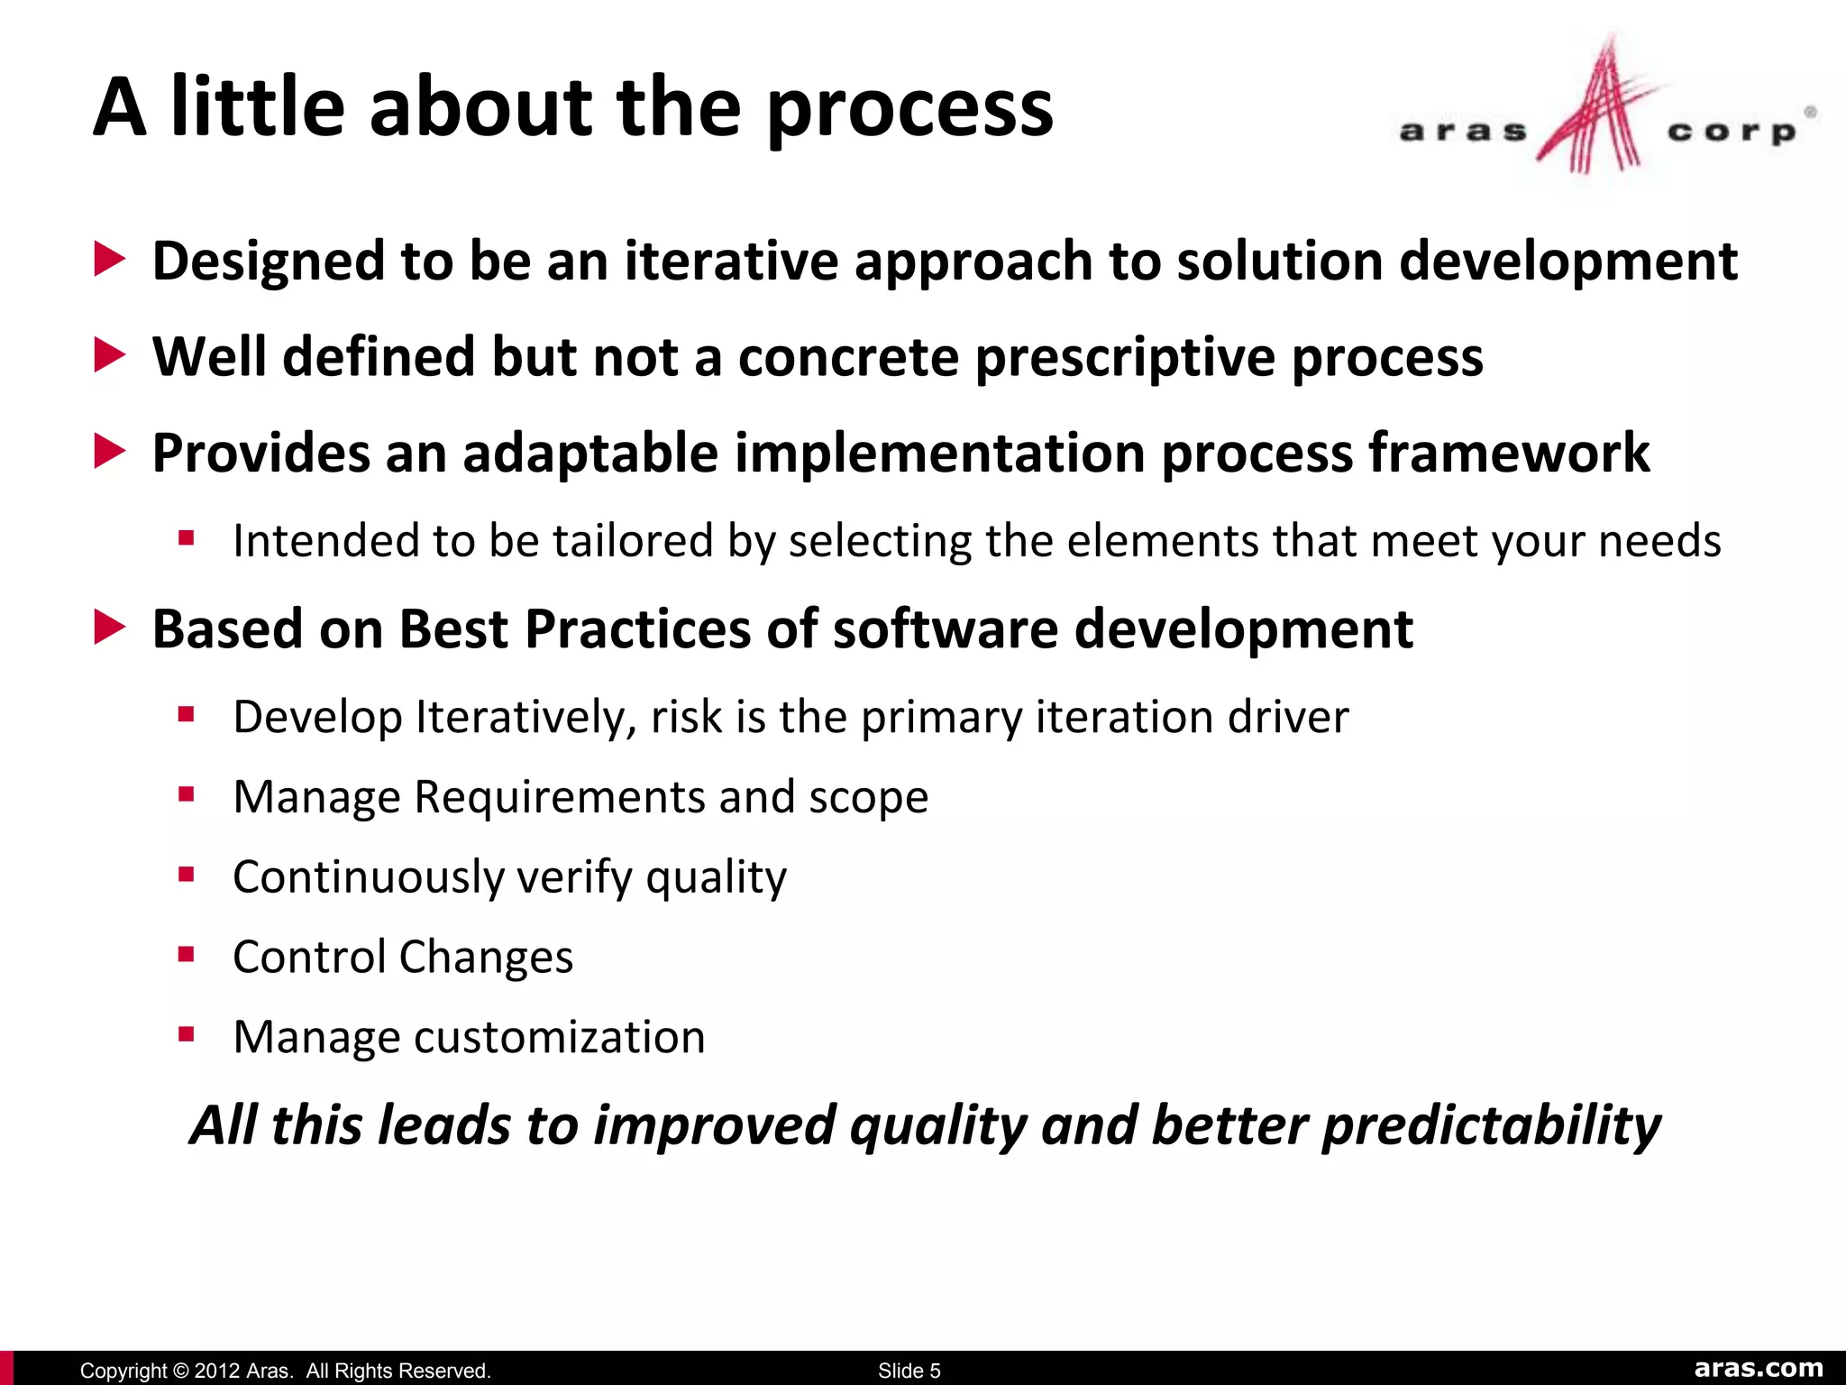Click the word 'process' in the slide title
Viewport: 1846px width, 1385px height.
pos(909,110)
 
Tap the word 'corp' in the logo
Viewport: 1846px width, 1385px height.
pos(1731,133)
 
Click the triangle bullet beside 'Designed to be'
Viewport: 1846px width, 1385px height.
pos(109,260)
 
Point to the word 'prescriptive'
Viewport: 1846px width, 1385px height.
pos(1126,357)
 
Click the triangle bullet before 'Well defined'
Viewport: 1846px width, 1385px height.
pos(109,355)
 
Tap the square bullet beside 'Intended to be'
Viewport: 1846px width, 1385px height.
pos(187,539)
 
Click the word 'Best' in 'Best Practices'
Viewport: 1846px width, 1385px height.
pos(453,628)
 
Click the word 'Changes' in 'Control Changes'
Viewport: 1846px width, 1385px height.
pos(485,957)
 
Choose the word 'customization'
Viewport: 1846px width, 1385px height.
pos(559,1037)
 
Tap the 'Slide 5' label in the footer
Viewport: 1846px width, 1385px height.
pos(909,1371)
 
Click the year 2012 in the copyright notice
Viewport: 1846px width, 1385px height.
pos(216,1371)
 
